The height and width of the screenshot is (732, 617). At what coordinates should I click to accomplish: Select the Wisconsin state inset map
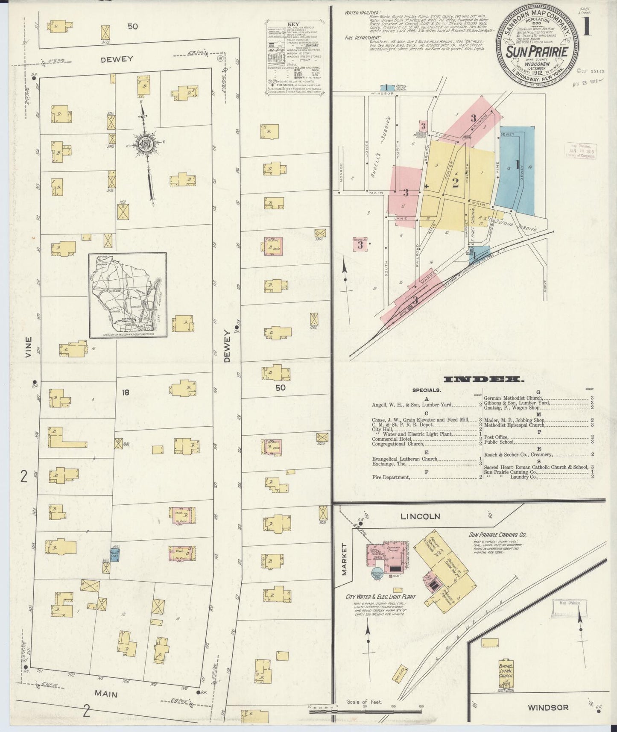point(128,295)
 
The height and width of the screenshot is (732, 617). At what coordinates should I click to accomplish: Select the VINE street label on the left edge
point(29,349)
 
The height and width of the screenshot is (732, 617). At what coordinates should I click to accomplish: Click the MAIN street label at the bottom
point(105,694)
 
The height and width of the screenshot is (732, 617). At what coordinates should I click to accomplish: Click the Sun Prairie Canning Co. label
point(497,535)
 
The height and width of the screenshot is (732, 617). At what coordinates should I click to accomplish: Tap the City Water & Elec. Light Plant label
point(381,597)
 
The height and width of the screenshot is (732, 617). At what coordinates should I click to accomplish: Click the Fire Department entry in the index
point(391,477)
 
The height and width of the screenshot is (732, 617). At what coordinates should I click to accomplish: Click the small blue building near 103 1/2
point(114,555)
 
